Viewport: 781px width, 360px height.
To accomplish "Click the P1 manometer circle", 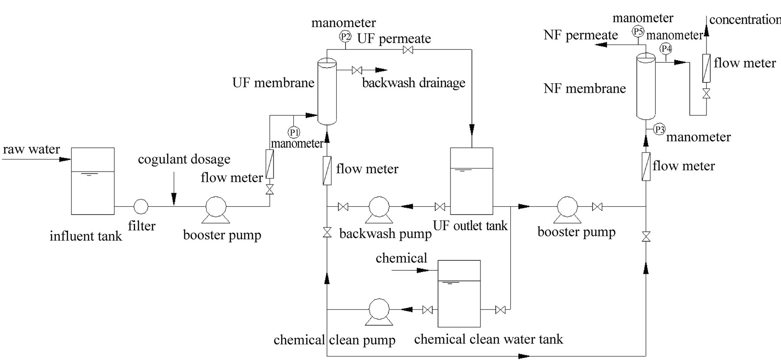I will tap(294, 132).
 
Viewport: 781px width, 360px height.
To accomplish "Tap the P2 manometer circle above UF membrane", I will tap(345, 36).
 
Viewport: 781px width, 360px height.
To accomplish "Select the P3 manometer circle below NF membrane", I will tap(659, 129).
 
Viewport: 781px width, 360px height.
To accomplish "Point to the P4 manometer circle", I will tap(666, 49).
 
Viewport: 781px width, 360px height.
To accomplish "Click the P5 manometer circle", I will tap(638, 31).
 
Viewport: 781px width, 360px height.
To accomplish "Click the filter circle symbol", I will tap(141, 207).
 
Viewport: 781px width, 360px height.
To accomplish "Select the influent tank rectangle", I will tap(93, 181).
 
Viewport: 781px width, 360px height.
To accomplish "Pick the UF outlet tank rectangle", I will tap(471, 181).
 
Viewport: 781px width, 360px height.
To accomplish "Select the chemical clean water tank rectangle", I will tap(459, 293).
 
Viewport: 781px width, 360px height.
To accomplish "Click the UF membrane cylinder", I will tap(327, 91).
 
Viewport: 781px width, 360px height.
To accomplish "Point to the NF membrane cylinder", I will tap(645, 87).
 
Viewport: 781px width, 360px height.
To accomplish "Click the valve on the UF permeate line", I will tap(408, 50).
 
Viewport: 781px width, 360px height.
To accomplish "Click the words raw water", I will tap(31, 149).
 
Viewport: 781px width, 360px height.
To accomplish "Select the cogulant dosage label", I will tap(184, 159).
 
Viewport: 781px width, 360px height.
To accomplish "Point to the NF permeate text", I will tap(580, 35).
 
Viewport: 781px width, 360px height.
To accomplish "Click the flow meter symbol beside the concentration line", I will tap(706, 68).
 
